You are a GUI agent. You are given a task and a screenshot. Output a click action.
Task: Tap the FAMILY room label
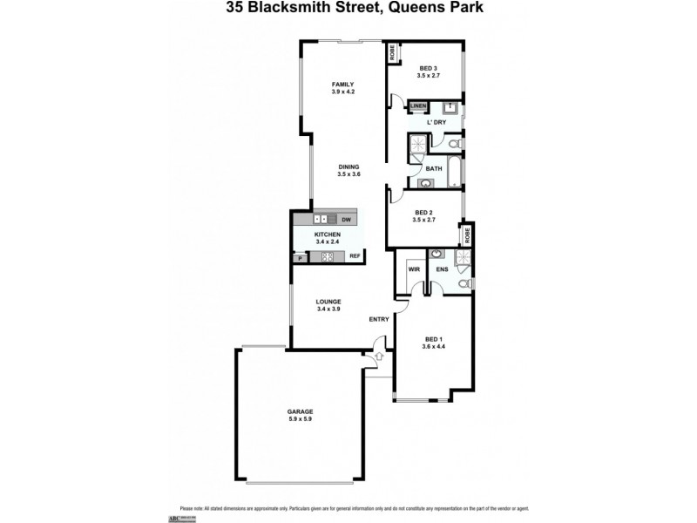(342, 85)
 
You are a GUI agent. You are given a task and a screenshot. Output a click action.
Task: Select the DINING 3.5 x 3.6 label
(348, 171)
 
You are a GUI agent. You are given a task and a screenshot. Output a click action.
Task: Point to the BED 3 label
(428, 68)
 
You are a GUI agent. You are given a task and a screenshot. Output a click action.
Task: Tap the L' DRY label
(436, 122)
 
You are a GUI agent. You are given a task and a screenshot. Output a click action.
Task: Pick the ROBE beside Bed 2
(468, 234)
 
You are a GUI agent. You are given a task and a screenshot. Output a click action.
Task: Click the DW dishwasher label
(346, 220)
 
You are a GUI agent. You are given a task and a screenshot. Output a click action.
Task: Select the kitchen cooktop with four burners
(328, 256)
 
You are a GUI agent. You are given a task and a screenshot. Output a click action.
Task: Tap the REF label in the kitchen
(355, 256)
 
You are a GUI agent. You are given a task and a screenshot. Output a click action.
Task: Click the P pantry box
(300, 257)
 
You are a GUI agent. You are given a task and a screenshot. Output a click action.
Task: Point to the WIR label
(414, 270)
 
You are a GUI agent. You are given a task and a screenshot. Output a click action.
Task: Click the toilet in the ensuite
(464, 283)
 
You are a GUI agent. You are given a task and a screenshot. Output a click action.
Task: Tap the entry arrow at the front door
(377, 357)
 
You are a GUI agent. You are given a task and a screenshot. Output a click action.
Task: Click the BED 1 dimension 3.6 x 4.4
(434, 347)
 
